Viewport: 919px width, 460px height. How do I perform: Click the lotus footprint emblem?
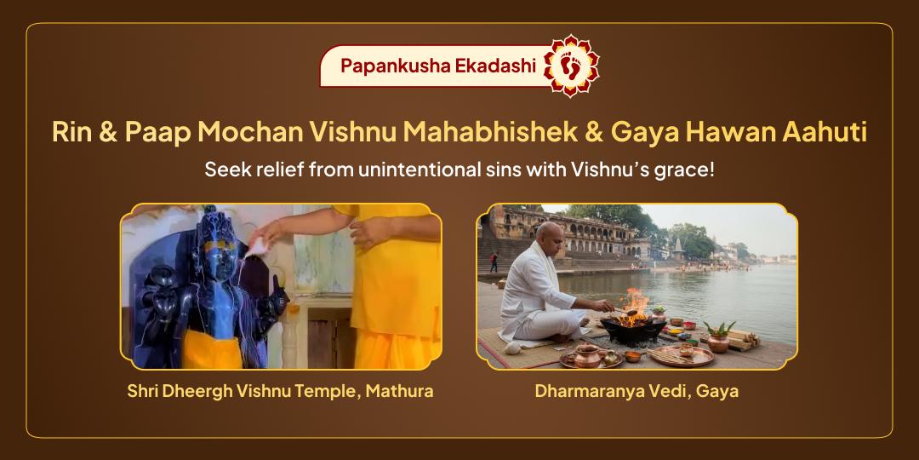571,66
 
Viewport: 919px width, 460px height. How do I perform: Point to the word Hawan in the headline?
730,133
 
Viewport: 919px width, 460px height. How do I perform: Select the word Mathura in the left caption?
400,391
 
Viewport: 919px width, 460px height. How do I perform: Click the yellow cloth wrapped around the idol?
212,349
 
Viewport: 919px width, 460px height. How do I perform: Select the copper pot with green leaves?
718,338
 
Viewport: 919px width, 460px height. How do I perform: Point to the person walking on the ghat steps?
494,262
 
